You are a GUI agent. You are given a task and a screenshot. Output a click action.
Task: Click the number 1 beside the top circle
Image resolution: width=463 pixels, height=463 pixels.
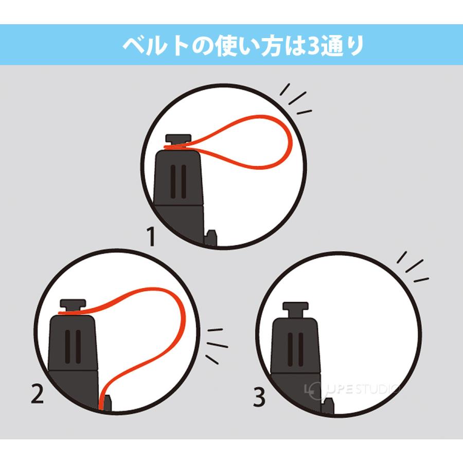click(x=151, y=236)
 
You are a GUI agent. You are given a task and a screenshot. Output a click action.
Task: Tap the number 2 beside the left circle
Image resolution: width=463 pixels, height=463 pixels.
click(x=38, y=395)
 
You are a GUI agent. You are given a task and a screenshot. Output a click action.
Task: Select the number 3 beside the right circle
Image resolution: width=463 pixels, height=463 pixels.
click(x=259, y=397)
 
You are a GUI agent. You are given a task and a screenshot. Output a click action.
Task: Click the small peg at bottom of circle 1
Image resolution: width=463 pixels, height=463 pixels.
click(x=211, y=237)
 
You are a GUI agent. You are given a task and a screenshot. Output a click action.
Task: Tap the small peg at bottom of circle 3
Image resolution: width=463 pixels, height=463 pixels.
click(x=328, y=406)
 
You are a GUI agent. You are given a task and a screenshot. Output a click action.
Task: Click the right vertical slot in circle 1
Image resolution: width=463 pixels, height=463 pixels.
click(x=184, y=182)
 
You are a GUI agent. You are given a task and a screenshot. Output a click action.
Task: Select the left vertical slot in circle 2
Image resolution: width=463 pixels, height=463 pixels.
click(x=67, y=347)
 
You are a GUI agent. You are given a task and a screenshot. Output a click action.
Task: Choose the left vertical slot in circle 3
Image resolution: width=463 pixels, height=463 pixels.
click(x=290, y=349)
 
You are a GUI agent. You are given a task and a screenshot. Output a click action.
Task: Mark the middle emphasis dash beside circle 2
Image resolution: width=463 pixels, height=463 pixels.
click(x=217, y=345)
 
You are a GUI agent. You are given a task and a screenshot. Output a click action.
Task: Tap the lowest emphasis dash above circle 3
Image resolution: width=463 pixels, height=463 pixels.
click(x=421, y=280)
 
